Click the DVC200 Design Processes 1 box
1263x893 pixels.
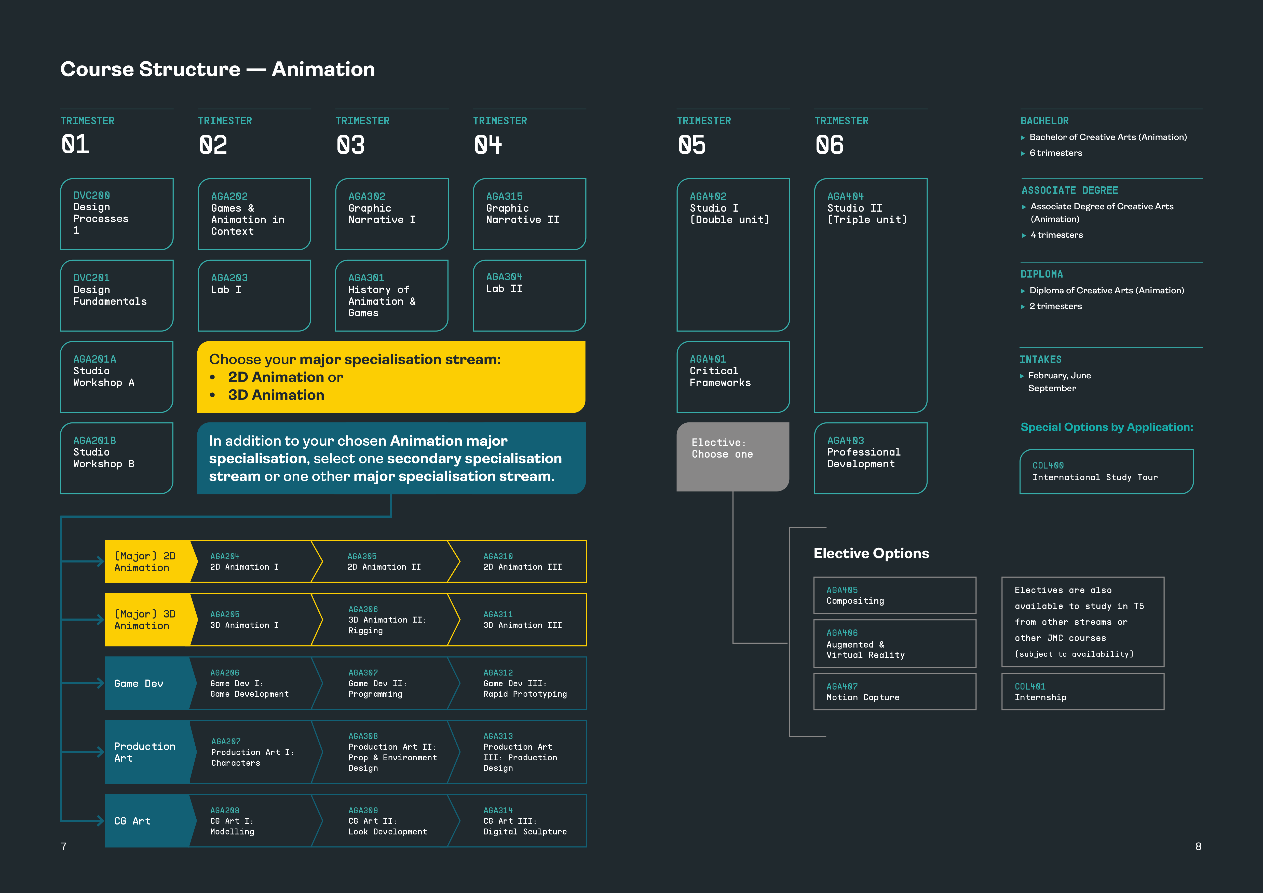point(117,214)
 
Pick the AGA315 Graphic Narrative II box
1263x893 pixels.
point(529,214)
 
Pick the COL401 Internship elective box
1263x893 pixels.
point(1083,692)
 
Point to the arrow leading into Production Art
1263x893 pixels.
point(83,752)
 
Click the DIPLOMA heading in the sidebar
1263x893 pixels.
point(1041,274)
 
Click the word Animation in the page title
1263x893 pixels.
point(323,69)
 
